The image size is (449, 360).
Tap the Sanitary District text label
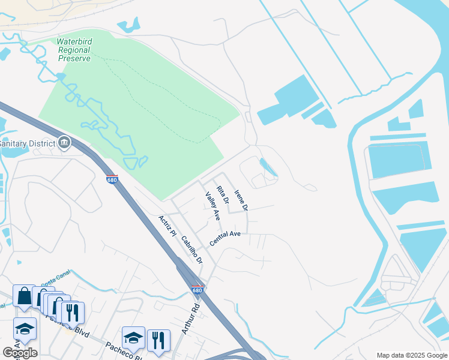pyautogui.click(x=27, y=144)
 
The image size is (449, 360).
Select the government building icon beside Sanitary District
pyautogui.click(x=64, y=143)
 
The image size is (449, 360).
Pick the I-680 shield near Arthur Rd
pyautogui.click(x=197, y=290)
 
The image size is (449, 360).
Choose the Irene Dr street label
pyautogui.click(x=241, y=200)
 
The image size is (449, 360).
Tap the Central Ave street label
pyautogui.click(x=225, y=238)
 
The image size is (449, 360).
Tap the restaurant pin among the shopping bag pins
pyautogui.click(x=72, y=311)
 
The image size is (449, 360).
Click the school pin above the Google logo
pyautogui.click(x=25, y=328)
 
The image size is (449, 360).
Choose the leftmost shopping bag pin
pyautogui.click(x=24, y=296)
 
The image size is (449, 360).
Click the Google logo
pyautogui.click(x=20, y=352)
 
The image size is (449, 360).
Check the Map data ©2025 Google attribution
pyautogui.click(x=412, y=355)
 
